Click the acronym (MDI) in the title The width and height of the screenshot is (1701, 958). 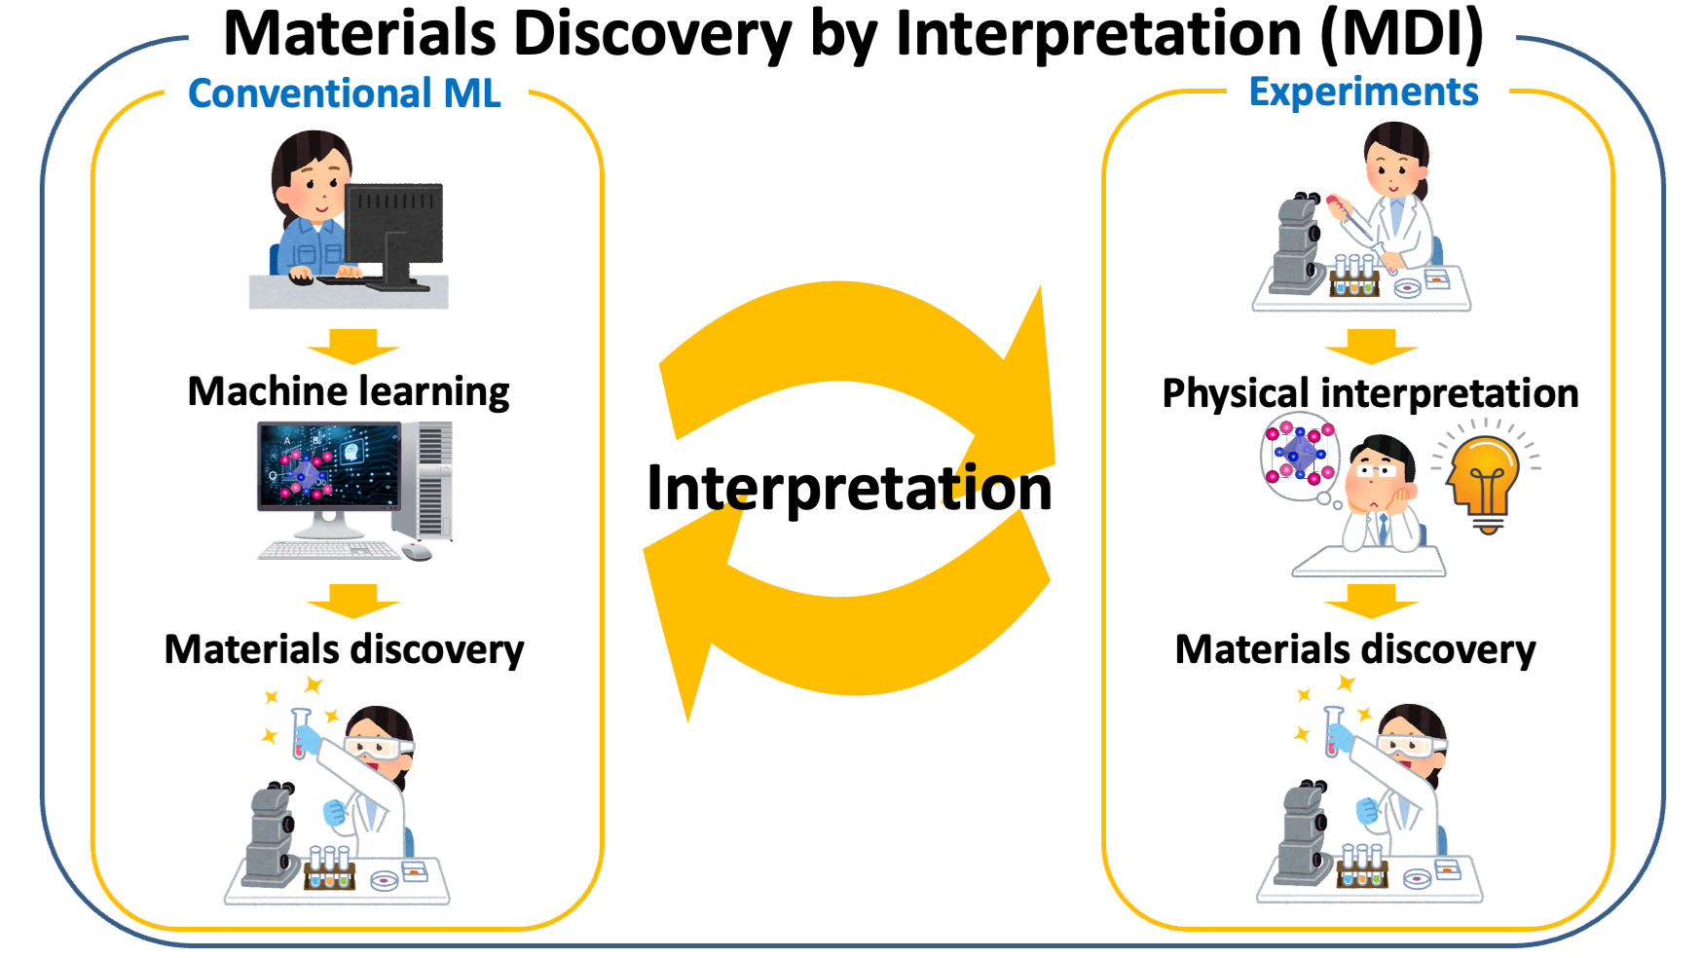pyautogui.click(x=1403, y=34)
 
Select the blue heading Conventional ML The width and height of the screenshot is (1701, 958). pyautogui.click(x=345, y=93)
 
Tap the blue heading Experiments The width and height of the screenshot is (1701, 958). pyautogui.click(x=1363, y=92)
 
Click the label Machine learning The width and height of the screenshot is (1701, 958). pyautogui.click(x=349, y=391)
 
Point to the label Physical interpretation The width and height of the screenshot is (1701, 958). pyautogui.click(x=1371, y=393)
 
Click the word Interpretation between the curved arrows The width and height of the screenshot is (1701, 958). pyautogui.click(x=849, y=488)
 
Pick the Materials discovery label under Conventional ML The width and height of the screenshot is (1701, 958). pyautogui.click(x=345, y=649)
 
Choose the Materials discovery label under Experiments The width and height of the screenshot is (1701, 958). pyautogui.click(x=1355, y=649)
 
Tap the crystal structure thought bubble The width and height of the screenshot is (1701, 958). pyautogui.click(x=1300, y=456)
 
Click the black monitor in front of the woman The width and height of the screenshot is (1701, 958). pyautogui.click(x=393, y=234)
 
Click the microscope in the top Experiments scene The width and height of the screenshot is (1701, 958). pyautogui.click(x=1299, y=243)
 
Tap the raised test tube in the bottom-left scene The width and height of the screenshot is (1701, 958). pyautogui.click(x=301, y=734)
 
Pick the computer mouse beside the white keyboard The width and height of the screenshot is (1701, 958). pyautogui.click(x=417, y=552)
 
